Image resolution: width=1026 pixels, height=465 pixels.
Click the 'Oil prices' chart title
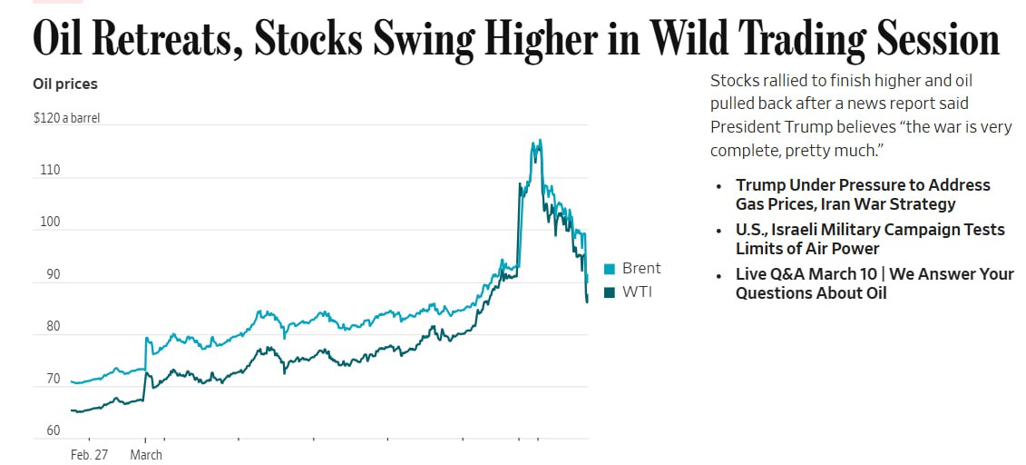65,84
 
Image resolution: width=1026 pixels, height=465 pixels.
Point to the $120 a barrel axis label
66,118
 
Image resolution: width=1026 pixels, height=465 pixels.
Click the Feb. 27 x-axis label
89,455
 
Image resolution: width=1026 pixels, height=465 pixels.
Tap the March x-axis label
146,455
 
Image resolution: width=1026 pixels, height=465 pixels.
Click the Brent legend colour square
610,269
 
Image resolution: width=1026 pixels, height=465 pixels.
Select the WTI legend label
637,292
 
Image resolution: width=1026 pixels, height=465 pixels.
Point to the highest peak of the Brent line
541,140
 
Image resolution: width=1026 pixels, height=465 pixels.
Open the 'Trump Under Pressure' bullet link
862,194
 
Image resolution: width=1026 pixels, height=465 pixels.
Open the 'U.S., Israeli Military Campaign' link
869,239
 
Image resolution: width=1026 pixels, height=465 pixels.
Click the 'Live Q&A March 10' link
874,283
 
